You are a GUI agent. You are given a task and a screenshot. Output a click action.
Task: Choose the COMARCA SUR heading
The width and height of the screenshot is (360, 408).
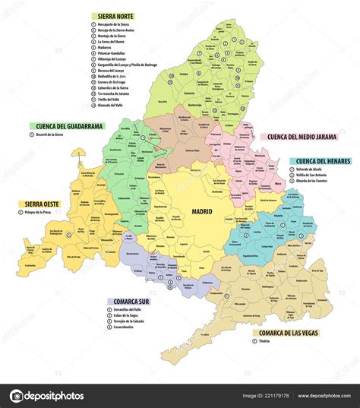pyautogui.click(x=132, y=301)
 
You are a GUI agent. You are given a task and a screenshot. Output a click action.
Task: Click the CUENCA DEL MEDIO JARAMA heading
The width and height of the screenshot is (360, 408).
pyautogui.click(x=302, y=138)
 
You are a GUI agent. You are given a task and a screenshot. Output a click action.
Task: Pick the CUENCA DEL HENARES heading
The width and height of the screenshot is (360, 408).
pyautogui.click(x=322, y=161)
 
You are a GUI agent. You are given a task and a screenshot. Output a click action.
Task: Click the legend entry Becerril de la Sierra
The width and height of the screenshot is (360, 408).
pyautogui.click(x=55, y=134)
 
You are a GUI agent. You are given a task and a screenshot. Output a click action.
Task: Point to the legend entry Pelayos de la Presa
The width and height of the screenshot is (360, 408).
pyautogui.click(x=43, y=212)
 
